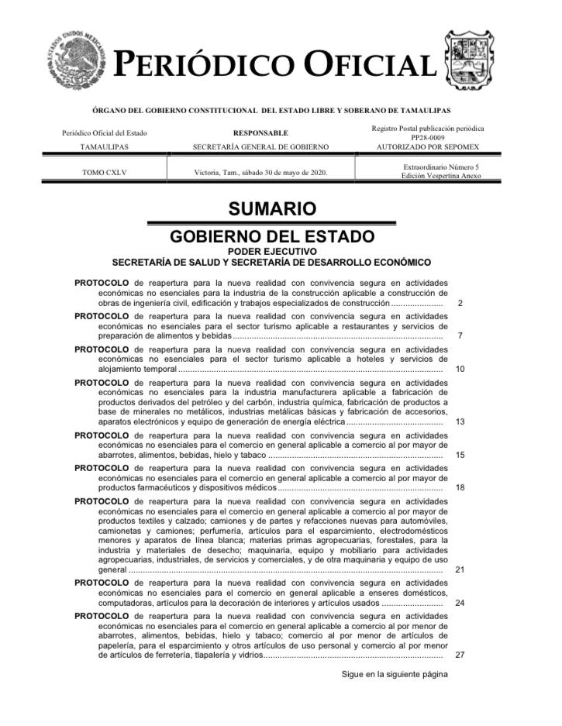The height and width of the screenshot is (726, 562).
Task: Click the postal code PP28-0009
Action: [428, 137]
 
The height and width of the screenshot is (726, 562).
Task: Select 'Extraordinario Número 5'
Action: [441, 167]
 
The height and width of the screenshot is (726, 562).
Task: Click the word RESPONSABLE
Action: [260, 133]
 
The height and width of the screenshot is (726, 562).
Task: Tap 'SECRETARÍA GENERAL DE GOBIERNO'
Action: [260, 146]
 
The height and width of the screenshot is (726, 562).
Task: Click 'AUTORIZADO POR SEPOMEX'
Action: [428, 146]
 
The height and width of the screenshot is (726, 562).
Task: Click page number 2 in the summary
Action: [460, 304]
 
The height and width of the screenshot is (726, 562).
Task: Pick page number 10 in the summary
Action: [460, 369]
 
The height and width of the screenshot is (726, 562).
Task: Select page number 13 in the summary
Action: [460, 422]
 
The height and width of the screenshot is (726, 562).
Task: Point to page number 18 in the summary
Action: [460, 487]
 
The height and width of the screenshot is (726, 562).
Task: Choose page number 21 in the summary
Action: [460, 569]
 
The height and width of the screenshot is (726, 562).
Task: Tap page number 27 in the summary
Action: [460, 655]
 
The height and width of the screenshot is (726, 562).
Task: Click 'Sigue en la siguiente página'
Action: [395, 674]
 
